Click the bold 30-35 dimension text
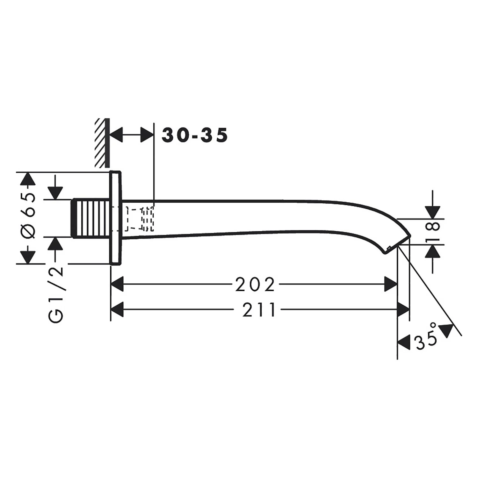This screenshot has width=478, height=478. pos(195,135)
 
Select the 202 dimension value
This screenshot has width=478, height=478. pos(255,285)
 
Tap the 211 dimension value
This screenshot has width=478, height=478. pos(259,310)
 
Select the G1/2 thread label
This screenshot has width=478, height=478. pos(56,295)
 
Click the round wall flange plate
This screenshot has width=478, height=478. pos(115,218)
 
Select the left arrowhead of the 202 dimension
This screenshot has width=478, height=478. pos(117,284)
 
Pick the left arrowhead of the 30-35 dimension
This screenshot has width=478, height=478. pos(117,135)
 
